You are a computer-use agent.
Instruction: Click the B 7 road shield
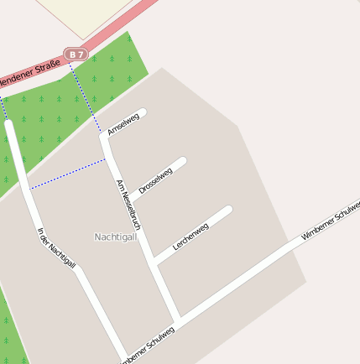tap(77, 55)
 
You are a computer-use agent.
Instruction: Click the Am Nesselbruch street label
tap(128, 205)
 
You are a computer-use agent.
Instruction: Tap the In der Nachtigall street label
tap(57, 250)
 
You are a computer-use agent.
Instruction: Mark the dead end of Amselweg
tap(143, 112)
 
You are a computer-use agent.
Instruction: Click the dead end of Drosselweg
tap(182, 159)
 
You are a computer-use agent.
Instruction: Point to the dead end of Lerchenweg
tap(227, 210)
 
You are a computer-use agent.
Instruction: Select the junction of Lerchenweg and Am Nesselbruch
tap(155, 263)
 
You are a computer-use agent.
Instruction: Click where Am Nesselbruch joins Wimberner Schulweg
tap(177, 321)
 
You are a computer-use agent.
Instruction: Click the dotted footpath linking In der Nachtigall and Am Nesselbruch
tap(67, 174)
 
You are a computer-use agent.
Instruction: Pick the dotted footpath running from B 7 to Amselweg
tap(85, 96)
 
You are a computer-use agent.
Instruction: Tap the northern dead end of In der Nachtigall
tap(8, 124)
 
